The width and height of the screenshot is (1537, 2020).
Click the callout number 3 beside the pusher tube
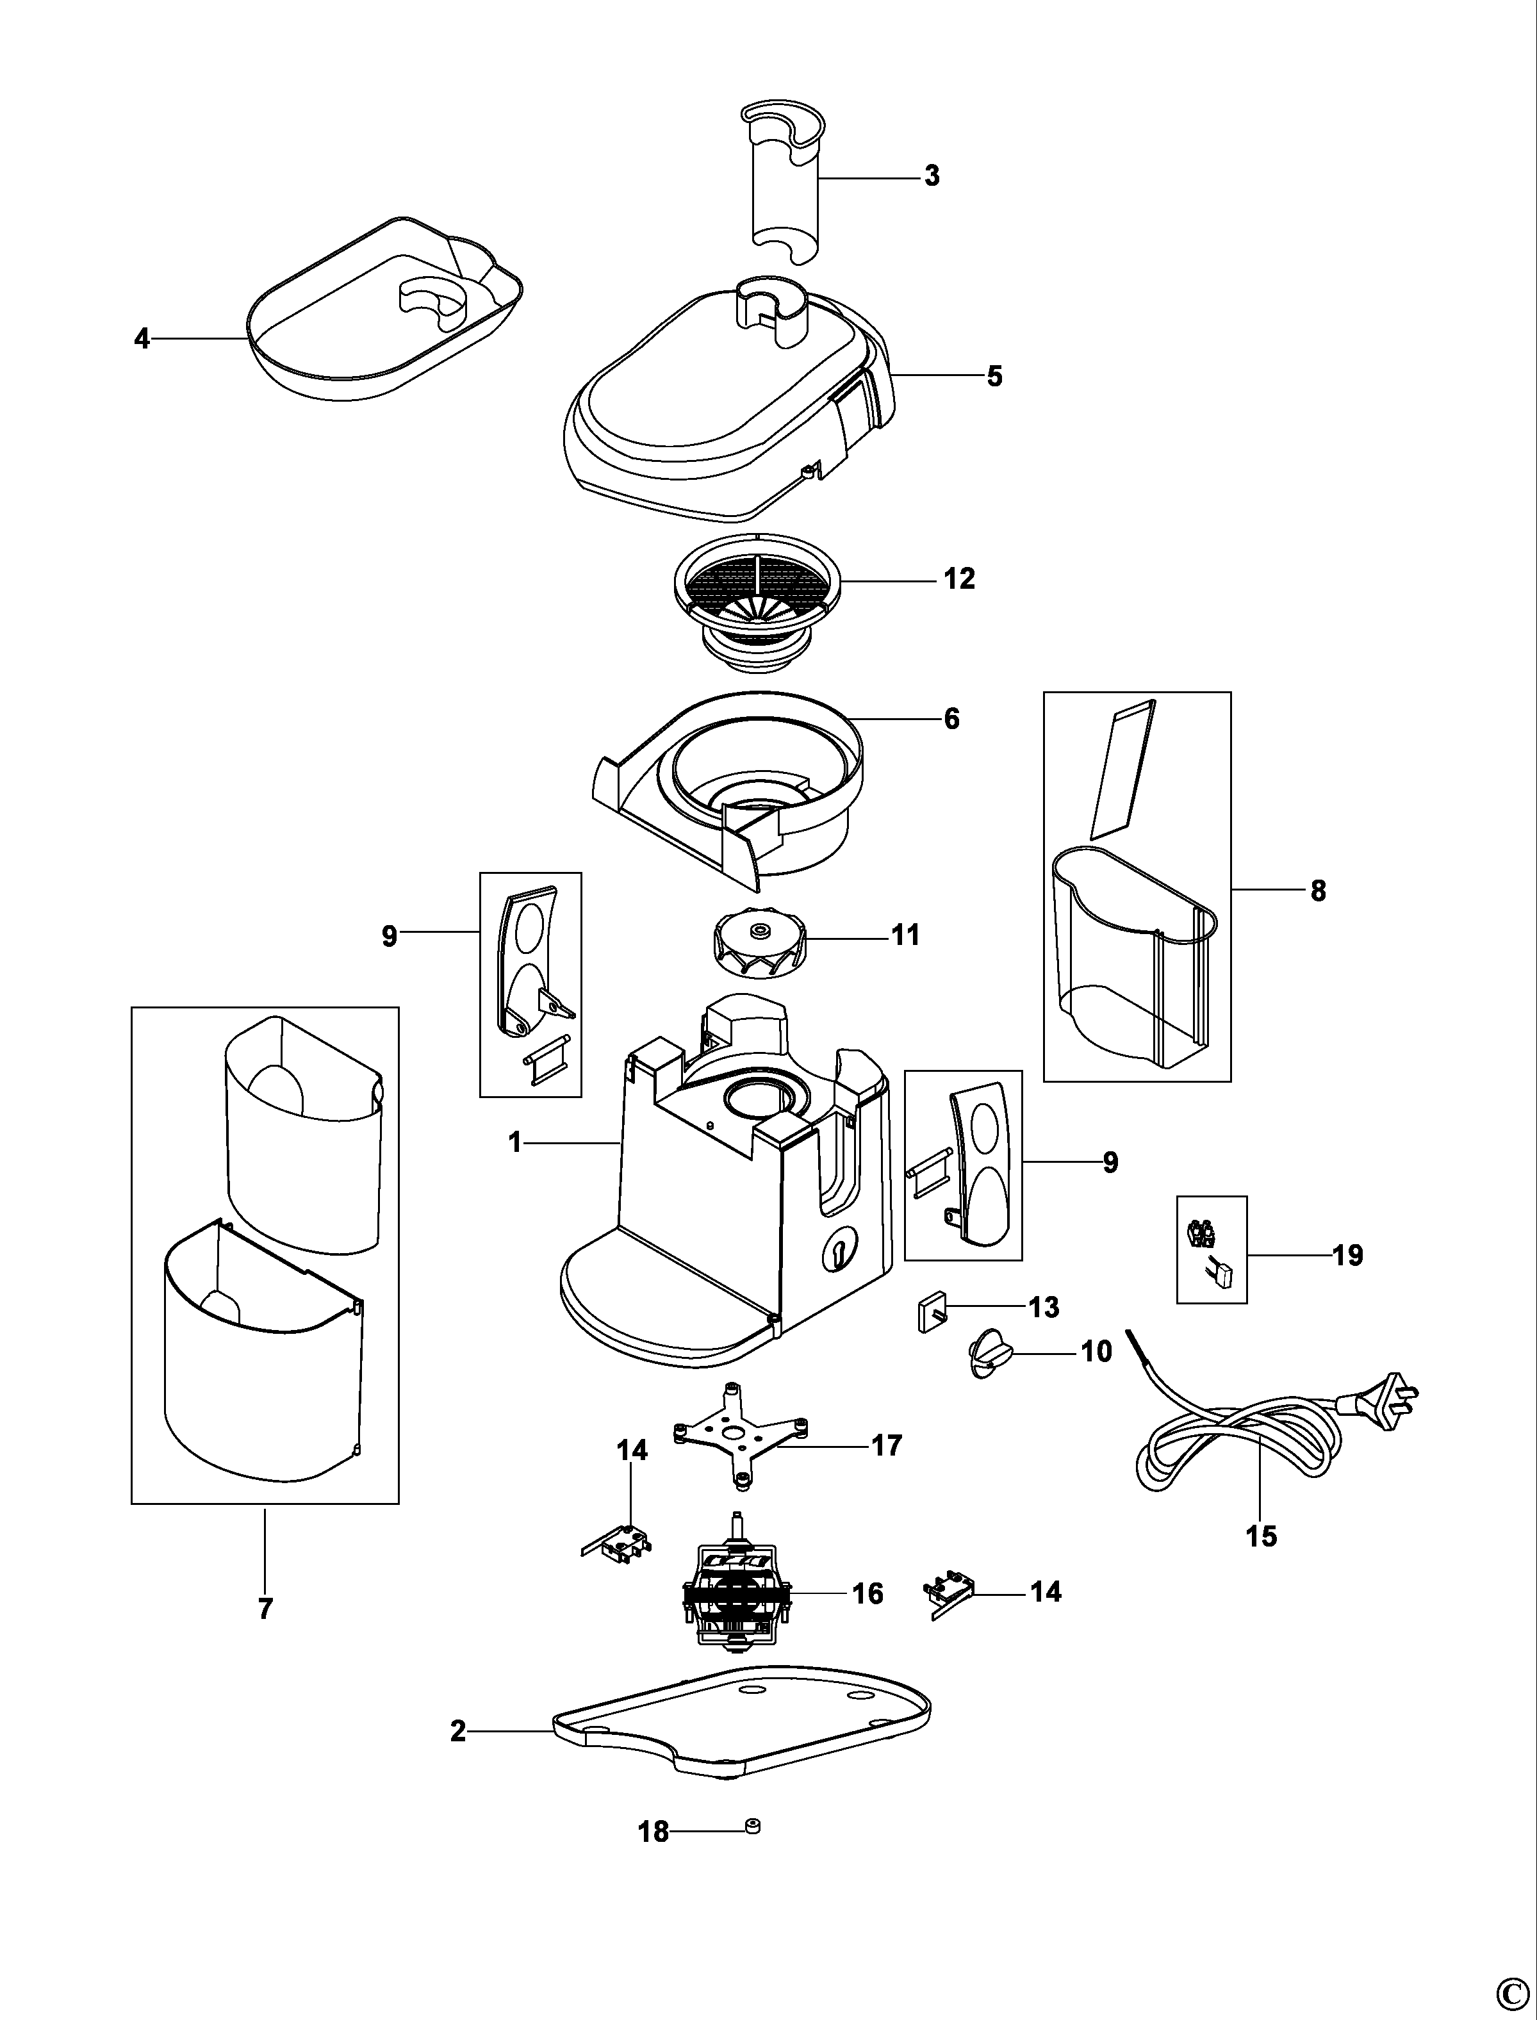pos(932,176)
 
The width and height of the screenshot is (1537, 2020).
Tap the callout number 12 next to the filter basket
pos(960,579)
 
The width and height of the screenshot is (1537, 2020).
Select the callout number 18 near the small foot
pos(653,1832)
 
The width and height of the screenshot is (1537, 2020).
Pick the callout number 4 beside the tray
pos(142,340)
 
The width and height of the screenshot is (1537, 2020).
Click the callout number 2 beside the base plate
pos(457,1732)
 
